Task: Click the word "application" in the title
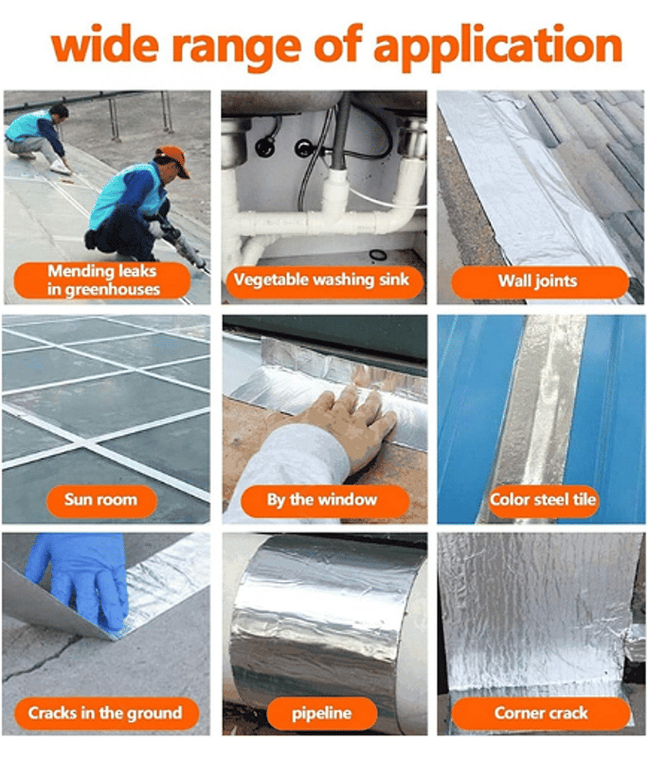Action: coord(498,46)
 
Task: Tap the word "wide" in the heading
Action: coord(105,44)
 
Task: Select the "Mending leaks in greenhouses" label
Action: coord(102,280)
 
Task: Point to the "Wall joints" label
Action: coord(540,281)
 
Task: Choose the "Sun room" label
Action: coord(101,500)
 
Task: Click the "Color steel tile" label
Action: coord(542,500)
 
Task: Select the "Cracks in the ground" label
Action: coord(106,713)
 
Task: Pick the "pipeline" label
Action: coord(322,713)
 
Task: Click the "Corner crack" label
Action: coord(541,713)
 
